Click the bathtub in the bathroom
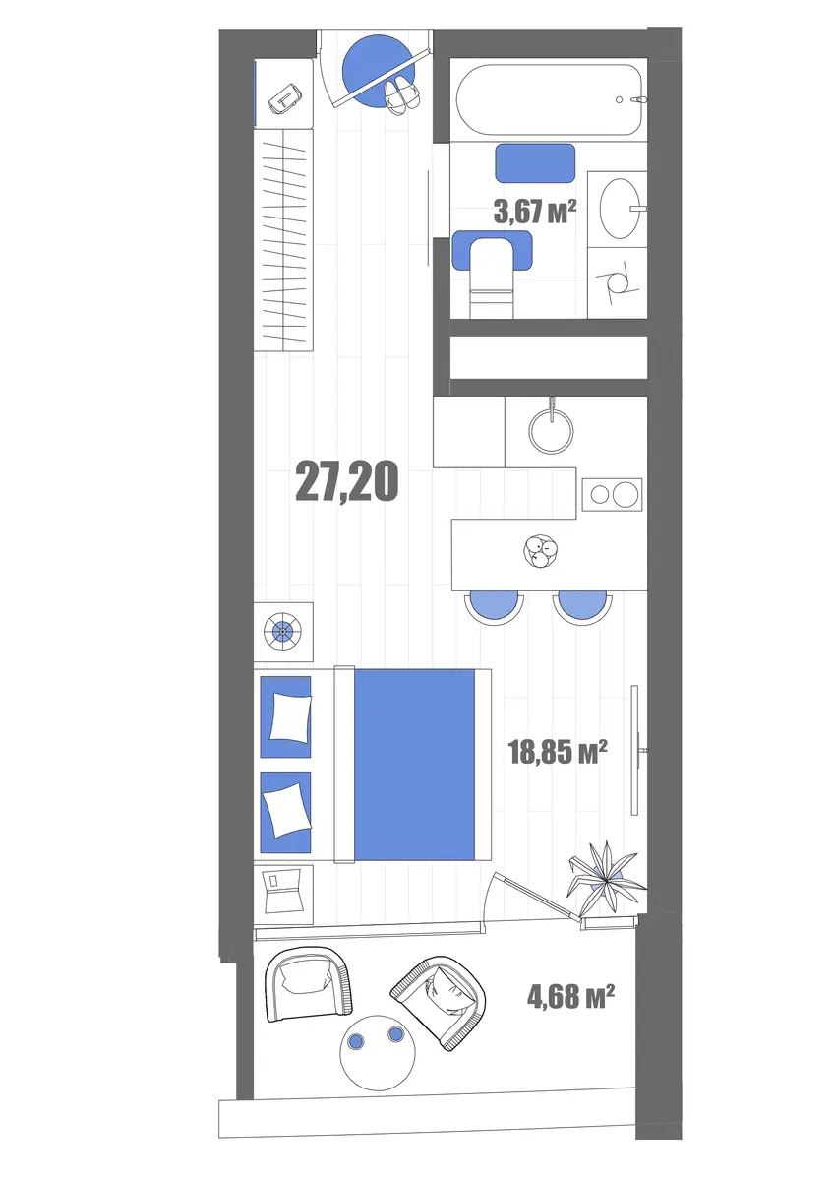click(x=551, y=99)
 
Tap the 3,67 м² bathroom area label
click(x=534, y=212)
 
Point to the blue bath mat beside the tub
click(x=535, y=163)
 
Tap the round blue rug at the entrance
click(x=379, y=71)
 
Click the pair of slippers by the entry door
click(x=402, y=93)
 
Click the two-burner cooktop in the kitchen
click(x=613, y=494)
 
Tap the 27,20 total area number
click(x=346, y=481)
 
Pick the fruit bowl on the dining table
click(x=541, y=551)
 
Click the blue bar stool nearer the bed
click(x=494, y=608)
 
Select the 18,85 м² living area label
click(x=558, y=752)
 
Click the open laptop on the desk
click(x=282, y=893)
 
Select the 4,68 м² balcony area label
click(x=570, y=997)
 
